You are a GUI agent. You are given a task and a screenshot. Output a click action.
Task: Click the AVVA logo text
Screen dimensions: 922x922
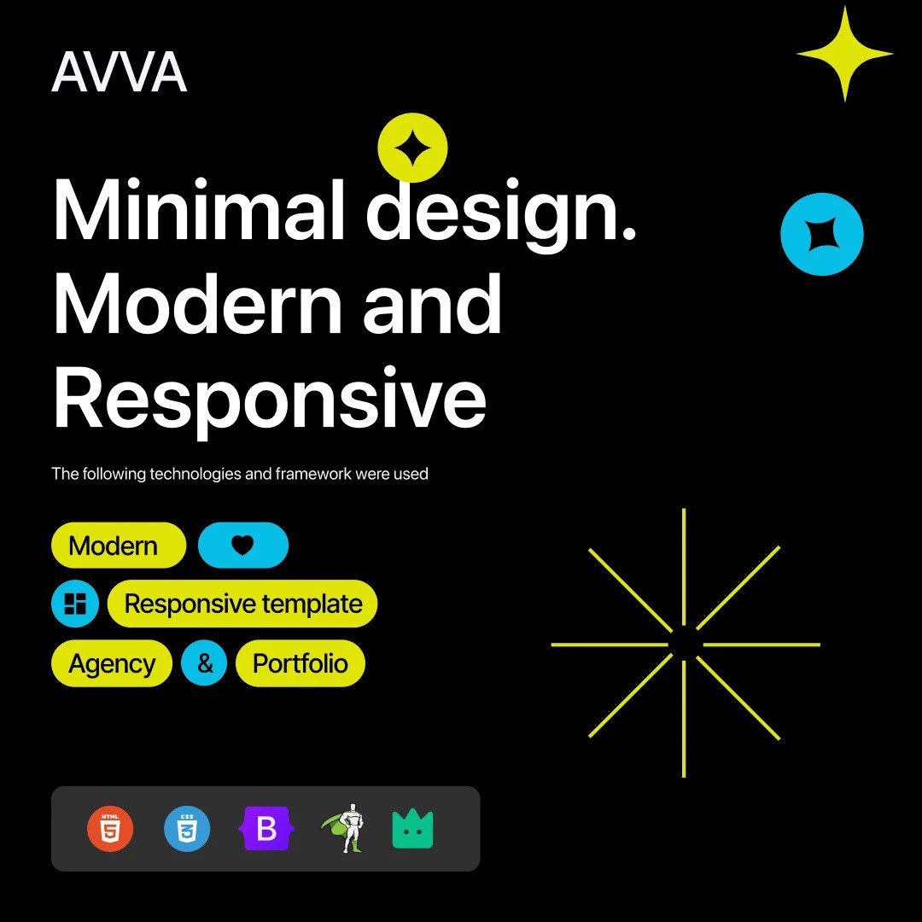click(x=120, y=72)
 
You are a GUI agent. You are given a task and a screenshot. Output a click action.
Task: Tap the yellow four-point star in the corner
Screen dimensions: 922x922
click(x=845, y=54)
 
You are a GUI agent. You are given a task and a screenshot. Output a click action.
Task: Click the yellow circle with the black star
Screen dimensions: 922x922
click(x=412, y=148)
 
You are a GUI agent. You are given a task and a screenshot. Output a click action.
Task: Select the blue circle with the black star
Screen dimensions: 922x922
click(x=821, y=234)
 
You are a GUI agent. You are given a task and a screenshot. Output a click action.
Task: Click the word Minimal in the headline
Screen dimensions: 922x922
click(x=199, y=210)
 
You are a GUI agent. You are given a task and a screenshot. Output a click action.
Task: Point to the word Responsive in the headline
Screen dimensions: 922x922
click(x=270, y=398)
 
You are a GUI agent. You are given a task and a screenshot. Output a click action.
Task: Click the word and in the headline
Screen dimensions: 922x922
click(x=432, y=304)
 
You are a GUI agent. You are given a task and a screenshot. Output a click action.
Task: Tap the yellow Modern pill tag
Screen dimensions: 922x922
click(x=119, y=545)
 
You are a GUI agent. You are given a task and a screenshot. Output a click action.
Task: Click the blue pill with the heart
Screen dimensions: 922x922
click(x=242, y=545)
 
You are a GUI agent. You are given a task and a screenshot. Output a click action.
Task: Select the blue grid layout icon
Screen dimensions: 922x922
click(x=75, y=604)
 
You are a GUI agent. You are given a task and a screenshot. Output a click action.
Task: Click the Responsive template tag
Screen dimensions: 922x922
click(x=242, y=604)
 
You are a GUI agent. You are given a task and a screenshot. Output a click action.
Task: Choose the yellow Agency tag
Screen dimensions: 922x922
click(x=112, y=663)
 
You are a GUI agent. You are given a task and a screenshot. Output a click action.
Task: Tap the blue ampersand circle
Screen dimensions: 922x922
click(x=204, y=663)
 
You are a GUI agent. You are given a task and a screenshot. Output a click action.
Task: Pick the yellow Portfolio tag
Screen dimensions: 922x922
click(x=300, y=663)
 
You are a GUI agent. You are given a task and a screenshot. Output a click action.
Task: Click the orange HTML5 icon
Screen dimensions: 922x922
click(x=110, y=828)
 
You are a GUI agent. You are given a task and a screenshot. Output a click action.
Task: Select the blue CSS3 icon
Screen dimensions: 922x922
click(x=187, y=828)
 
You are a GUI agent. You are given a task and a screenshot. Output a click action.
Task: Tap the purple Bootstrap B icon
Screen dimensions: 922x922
click(x=266, y=828)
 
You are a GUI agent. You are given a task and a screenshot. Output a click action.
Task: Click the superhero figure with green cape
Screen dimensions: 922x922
click(x=343, y=828)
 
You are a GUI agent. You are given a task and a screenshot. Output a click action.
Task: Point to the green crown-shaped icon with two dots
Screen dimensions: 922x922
click(x=413, y=828)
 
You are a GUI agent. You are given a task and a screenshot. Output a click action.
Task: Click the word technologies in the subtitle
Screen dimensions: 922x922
click(x=195, y=474)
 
